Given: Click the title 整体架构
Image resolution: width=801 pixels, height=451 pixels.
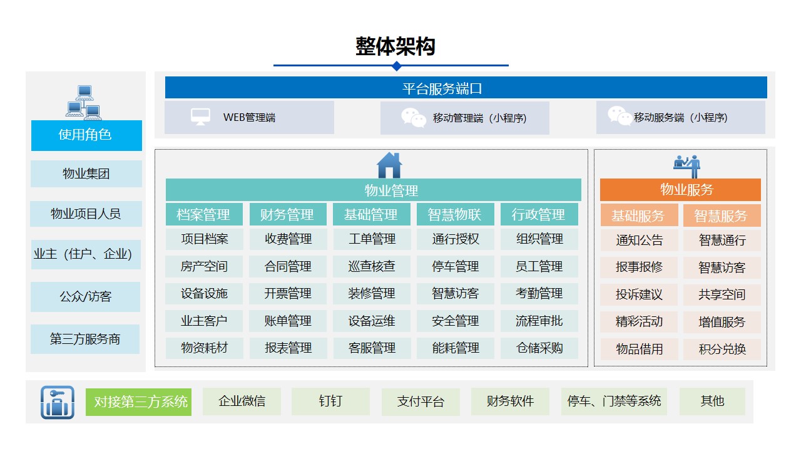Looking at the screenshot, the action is (x=395, y=46).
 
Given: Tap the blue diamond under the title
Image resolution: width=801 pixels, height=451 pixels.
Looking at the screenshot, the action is (x=396, y=66).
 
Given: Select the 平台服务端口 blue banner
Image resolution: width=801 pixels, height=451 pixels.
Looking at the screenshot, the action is (x=466, y=87).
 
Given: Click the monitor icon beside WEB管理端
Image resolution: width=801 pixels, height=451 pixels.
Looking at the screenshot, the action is (x=200, y=117).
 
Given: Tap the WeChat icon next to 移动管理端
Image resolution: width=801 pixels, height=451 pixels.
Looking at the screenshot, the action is (x=414, y=117).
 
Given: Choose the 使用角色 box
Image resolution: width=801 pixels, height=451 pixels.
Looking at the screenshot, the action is (x=86, y=135).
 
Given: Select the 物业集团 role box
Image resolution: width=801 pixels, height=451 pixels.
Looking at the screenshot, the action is (x=86, y=174).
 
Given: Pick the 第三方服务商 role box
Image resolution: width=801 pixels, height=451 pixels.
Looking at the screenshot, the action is (x=85, y=339).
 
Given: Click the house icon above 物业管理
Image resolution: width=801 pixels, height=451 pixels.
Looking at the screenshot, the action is (x=389, y=165).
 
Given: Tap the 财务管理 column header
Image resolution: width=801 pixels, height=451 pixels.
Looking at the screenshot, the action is (x=288, y=214).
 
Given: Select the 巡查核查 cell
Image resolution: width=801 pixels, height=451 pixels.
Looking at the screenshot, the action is (x=372, y=266).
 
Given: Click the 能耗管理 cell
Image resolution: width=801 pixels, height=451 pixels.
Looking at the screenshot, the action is (x=455, y=348).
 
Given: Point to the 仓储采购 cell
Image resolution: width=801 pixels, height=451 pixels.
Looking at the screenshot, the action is (x=539, y=348).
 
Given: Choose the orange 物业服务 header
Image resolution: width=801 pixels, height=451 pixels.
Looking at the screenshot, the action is (x=680, y=190).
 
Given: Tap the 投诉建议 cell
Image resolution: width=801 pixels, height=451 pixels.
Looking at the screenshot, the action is (x=639, y=294).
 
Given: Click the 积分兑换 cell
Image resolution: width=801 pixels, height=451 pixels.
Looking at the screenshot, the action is (x=722, y=349).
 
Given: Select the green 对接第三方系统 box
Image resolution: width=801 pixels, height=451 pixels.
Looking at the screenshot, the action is (x=138, y=402).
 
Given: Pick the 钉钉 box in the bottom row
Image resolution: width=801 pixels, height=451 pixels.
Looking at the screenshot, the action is (x=330, y=402).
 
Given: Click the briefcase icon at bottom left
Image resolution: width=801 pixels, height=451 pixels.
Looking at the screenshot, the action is (x=58, y=402).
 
